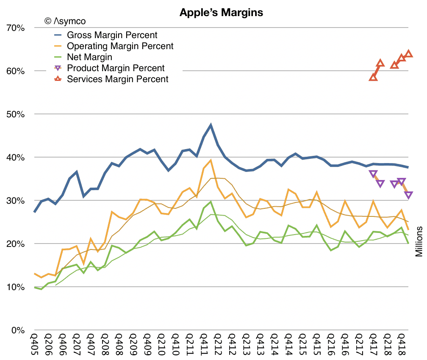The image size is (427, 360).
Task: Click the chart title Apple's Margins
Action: (221, 13)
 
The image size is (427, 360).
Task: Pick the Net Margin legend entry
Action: (89, 57)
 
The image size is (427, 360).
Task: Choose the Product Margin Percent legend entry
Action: (116, 68)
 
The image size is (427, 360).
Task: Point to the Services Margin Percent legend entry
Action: (118, 79)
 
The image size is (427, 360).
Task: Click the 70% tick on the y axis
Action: (15, 28)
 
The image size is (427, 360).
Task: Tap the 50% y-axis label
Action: (15, 114)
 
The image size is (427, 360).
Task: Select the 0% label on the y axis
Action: (18, 330)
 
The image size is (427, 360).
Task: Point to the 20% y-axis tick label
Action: (15, 244)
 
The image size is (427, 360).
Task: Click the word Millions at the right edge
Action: (419, 241)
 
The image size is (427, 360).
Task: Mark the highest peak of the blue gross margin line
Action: (211, 125)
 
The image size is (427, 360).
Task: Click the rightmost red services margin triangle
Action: (409, 54)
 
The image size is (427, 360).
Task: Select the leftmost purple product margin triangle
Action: (373, 174)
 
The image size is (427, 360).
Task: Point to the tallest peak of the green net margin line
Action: (211, 202)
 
